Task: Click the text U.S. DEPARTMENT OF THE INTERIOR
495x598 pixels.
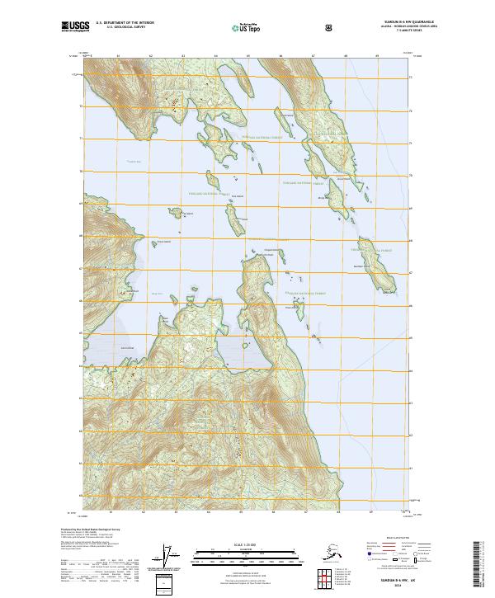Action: [125, 23]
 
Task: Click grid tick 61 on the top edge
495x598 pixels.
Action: [118, 56]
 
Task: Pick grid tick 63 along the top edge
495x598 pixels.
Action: [182, 56]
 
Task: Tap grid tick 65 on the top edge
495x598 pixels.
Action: [247, 56]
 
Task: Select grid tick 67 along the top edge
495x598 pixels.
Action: [313, 56]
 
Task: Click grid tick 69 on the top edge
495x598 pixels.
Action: [377, 56]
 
